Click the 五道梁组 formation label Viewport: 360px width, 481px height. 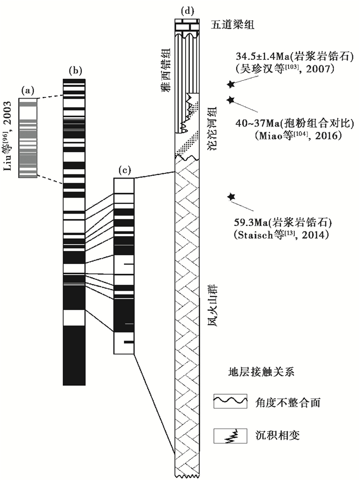(x=232, y=24)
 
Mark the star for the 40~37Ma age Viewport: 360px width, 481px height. (x=231, y=99)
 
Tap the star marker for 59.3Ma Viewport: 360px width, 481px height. (x=231, y=196)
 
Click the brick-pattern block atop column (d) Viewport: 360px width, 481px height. (x=186, y=25)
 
